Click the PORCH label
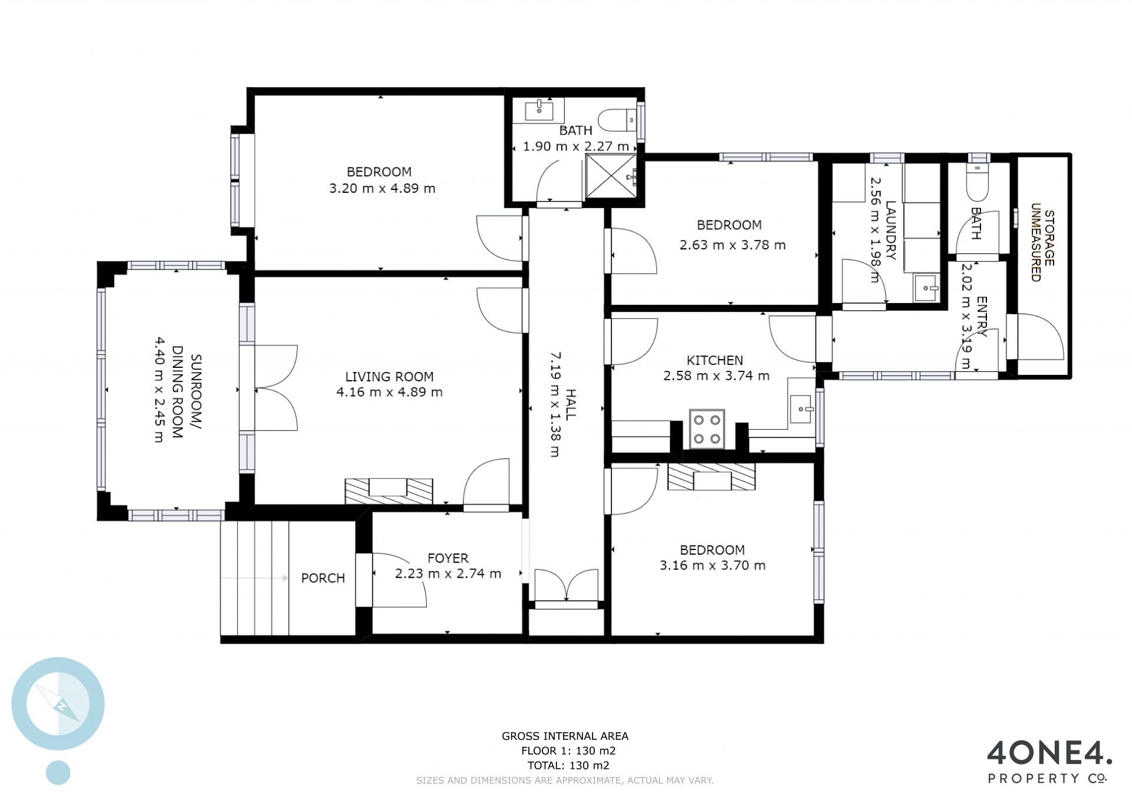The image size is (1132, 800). click(323, 578)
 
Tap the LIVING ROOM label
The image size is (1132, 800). click(389, 377)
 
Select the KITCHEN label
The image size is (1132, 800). click(715, 360)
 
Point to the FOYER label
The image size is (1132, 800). click(448, 558)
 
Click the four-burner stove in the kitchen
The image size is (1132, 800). click(707, 429)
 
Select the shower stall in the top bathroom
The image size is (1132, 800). click(611, 176)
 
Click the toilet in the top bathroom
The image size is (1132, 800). click(617, 120)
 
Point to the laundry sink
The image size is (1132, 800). click(926, 288)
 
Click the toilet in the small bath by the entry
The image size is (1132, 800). click(978, 182)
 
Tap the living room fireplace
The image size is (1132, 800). click(389, 491)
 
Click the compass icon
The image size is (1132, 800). click(58, 704)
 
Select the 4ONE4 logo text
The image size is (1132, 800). click(1049, 754)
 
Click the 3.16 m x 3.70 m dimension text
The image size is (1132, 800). click(712, 565)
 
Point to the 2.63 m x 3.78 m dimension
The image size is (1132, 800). click(732, 245)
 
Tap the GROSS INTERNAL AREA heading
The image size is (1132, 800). click(565, 736)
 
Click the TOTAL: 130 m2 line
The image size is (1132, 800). click(568, 765)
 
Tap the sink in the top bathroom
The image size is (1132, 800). click(539, 110)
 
